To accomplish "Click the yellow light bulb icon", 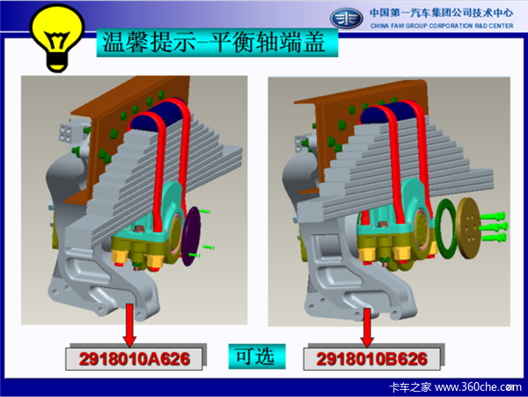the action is (57, 37).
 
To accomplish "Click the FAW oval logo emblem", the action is (346, 18).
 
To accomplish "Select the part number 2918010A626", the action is (135, 359).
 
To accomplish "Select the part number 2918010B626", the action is (371, 359).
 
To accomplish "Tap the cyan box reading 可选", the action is (257, 357).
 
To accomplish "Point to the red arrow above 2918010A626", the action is (129, 325).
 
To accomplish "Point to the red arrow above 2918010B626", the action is (367, 327).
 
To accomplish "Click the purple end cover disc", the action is (191, 237).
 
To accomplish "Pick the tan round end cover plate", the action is (469, 228).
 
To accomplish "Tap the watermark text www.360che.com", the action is (478, 387).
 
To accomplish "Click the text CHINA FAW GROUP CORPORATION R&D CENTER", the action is (442, 26).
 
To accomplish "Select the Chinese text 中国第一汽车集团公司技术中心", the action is (442, 13).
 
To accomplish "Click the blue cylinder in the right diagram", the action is (391, 113).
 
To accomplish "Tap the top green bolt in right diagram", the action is (494, 216).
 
